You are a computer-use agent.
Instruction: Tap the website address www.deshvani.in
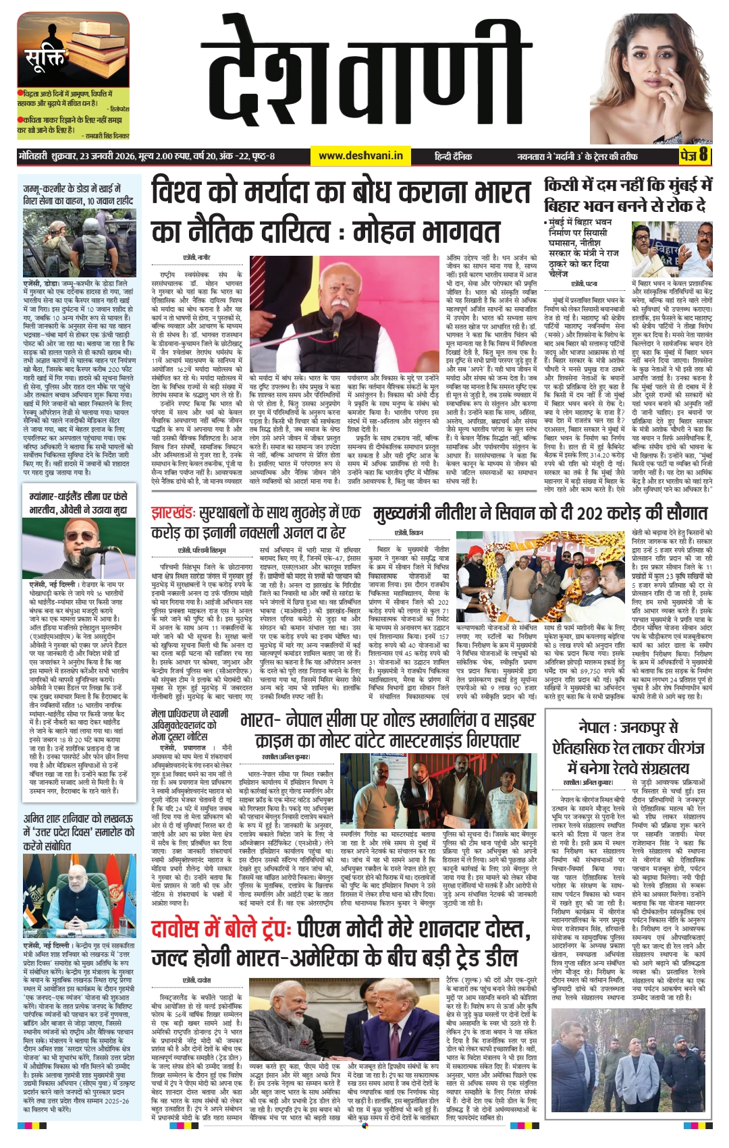coord(360,156)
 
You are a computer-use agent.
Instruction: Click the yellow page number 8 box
coord(695,156)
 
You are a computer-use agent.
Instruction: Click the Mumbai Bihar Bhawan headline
coord(628,195)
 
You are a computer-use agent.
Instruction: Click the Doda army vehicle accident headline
coord(78,194)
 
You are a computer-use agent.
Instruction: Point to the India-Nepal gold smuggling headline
coord(385,730)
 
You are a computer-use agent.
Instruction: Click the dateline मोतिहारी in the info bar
coord(33,157)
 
